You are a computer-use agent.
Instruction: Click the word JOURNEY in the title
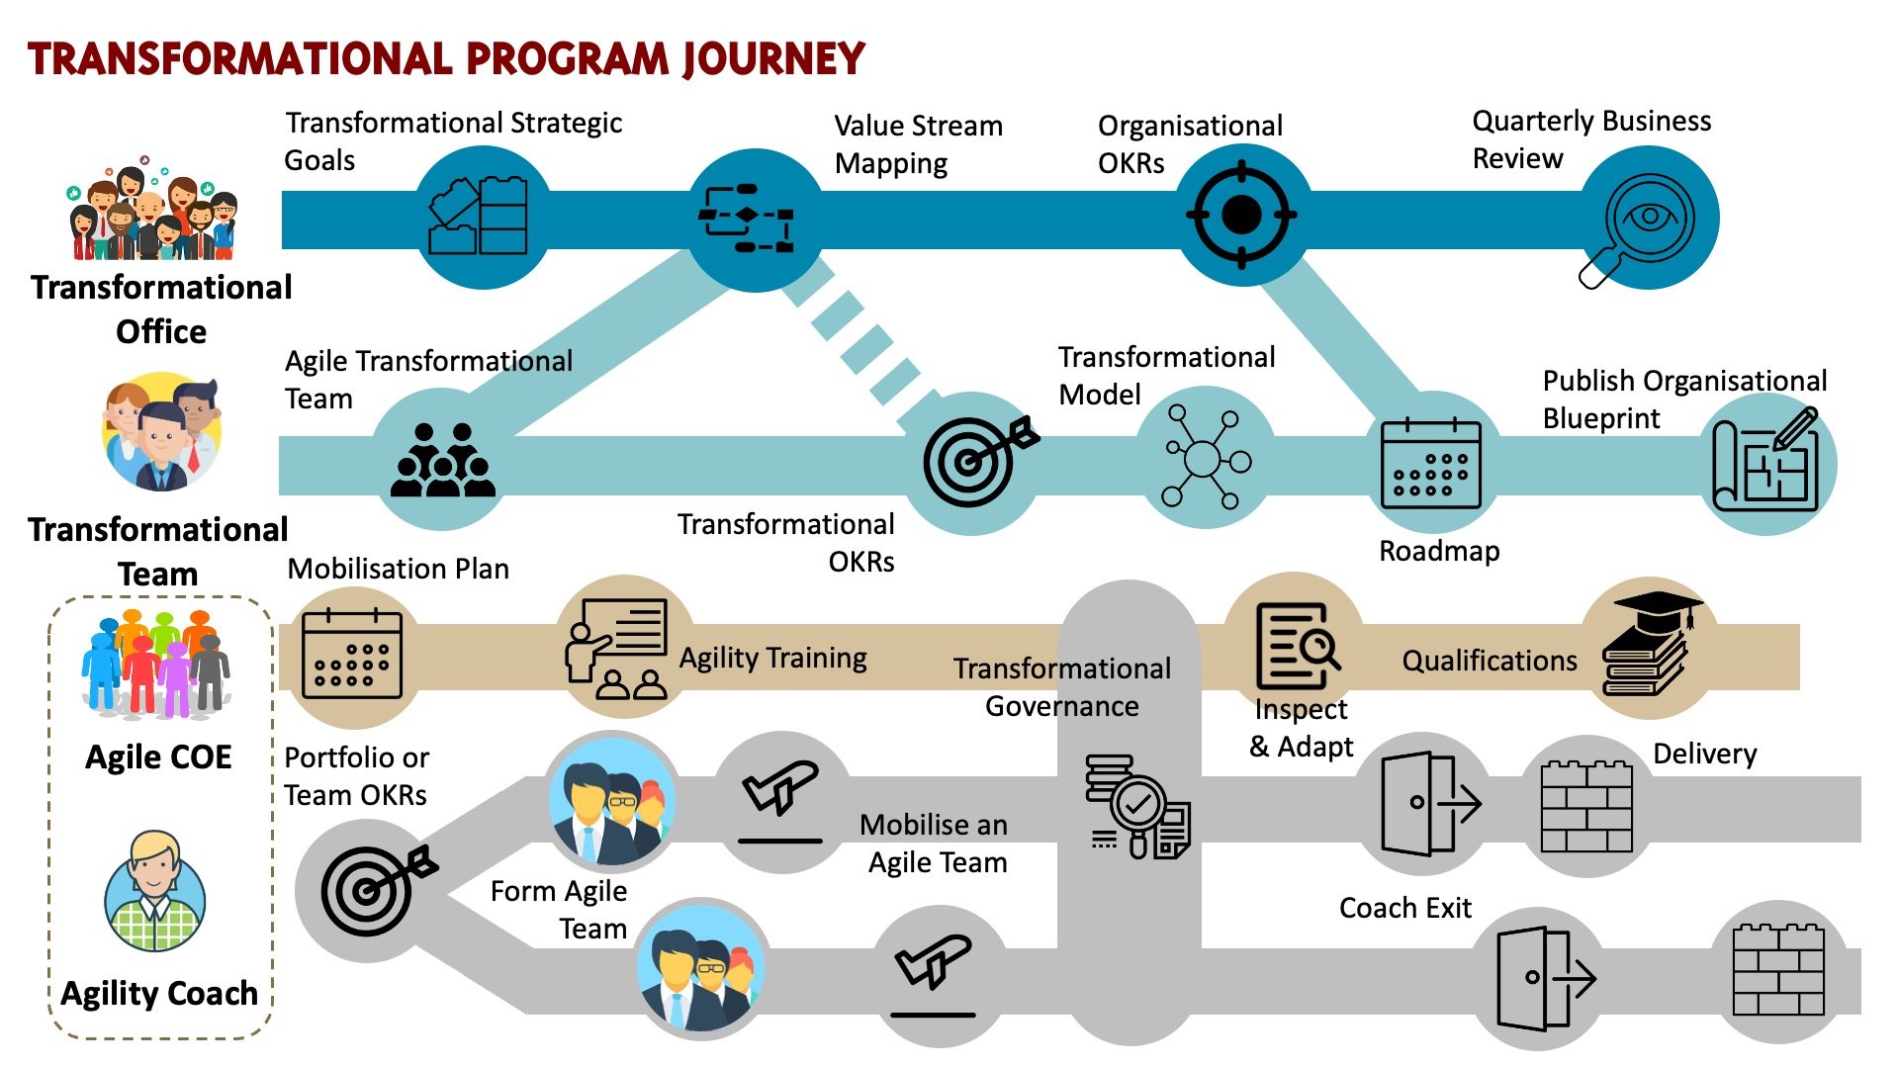(x=772, y=59)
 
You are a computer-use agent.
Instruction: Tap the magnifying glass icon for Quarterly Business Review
(x=1643, y=223)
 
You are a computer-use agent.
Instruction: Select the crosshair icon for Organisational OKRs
(x=1241, y=215)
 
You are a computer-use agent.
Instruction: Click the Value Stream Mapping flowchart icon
(x=748, y=218)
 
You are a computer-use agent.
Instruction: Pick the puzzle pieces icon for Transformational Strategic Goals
(x=479, y=217)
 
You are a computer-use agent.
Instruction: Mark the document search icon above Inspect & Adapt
(x=1296, y=647)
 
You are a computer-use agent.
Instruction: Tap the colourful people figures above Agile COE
(x=156, y=664)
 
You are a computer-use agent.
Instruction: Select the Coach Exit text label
(x=1404, y=908)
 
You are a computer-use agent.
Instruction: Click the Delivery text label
(x=1704, y=755)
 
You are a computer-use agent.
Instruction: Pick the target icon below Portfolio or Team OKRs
(x=374, y=890)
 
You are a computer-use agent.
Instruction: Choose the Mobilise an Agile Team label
(x=935, y=844)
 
